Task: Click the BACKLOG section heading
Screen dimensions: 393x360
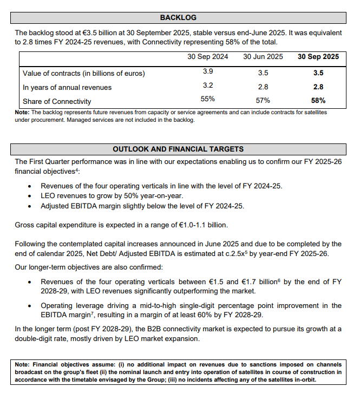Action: point(178,18)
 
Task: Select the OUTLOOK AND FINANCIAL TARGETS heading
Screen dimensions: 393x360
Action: point(178,149)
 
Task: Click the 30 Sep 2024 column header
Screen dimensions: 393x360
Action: point(208,57)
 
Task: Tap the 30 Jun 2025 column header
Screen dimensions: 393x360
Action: point(263,57)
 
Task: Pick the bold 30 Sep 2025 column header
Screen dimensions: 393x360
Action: point(318,57)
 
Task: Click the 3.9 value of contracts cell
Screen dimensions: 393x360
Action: point(208,72)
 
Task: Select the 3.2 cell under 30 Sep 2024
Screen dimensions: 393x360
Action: point(208,86)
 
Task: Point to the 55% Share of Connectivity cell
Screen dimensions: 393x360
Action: point(208,100)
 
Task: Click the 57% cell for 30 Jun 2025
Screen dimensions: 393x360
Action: point(263,100)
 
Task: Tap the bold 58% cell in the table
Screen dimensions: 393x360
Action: point(318,100)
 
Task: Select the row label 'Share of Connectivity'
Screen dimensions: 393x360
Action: point(57,101)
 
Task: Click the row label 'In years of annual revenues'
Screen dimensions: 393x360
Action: point(67,87)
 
